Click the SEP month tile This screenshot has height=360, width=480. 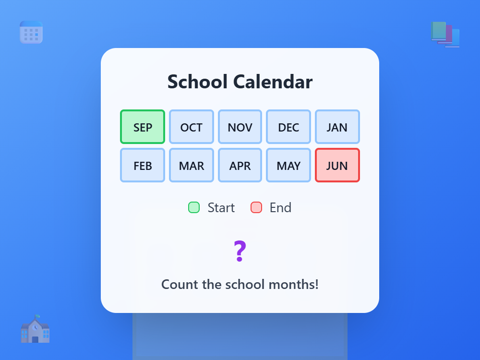143,127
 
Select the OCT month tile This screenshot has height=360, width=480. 192,127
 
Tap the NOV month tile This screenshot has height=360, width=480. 240,127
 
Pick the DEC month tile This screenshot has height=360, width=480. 288,127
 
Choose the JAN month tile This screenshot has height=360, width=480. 337,127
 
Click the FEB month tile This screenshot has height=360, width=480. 143,166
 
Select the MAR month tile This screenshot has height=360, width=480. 192,166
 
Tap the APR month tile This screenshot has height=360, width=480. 240,166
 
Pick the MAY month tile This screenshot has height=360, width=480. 288,166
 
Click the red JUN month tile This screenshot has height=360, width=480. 337,166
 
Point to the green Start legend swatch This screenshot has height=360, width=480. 194,207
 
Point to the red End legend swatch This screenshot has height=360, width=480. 256,207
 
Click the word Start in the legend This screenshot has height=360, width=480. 221,207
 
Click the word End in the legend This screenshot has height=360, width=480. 280,207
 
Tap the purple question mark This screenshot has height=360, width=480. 240,252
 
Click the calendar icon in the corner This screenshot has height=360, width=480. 31,32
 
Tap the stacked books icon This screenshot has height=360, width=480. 445,35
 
